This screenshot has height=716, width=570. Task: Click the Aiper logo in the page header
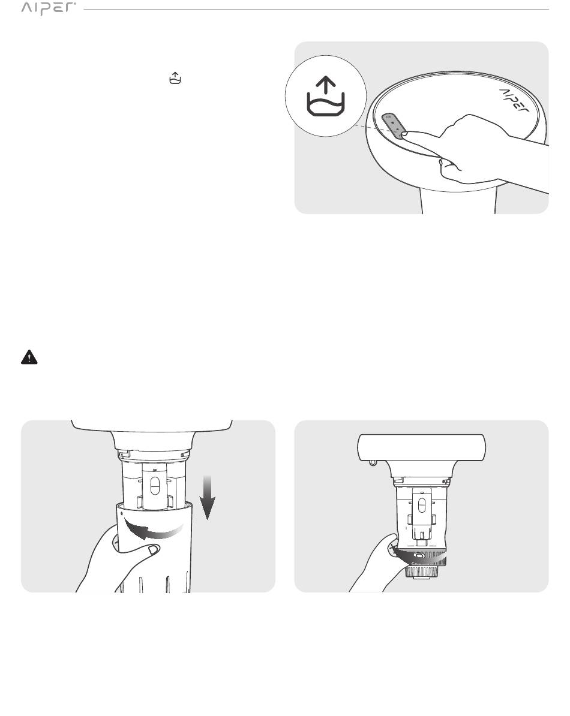(49, 8)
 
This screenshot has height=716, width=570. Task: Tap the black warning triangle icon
(29, 357)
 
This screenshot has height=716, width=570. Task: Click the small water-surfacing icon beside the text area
(175, 78)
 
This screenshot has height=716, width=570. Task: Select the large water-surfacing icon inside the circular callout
(326, 97)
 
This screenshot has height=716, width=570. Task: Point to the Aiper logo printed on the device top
(514, 101)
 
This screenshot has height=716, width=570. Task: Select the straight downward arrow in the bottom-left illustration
(208, 497)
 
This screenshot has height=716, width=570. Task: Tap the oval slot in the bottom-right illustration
(422, 505)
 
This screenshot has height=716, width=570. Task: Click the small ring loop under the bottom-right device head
(373, 462)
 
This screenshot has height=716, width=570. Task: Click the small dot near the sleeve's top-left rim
(122, 513)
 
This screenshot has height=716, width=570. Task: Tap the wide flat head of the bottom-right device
(422, 447)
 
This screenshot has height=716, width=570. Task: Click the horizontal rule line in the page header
(316, 9)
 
